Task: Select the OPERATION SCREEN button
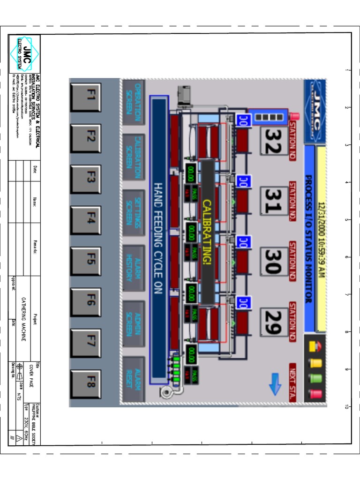point(134,102)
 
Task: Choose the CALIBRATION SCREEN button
point(134,157)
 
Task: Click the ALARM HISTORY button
point(134,269)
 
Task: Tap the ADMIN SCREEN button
point(134,324)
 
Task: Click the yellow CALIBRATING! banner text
point(207,232)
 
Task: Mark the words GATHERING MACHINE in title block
point(23,319)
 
